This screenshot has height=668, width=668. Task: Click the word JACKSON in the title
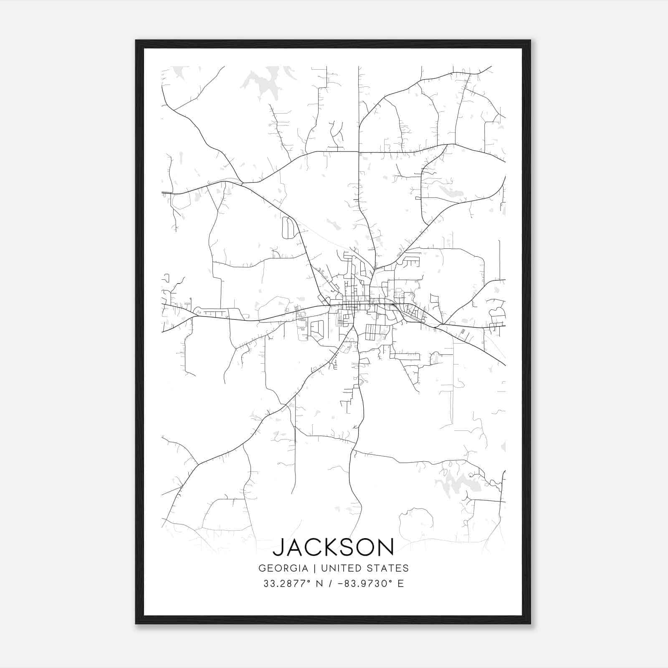(x=334, y=547)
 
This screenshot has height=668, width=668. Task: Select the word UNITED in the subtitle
(x=339, y=568)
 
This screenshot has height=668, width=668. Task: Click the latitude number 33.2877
(x=284, y=584)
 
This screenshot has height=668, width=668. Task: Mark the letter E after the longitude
(x=401, y=584)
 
